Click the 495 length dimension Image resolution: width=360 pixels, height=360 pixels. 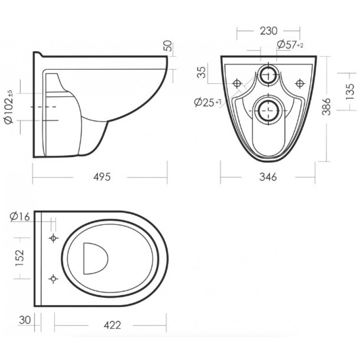click(102, 177)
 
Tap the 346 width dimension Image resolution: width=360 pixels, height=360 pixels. click(268, 177)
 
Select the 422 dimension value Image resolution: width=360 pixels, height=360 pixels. click(112, 325)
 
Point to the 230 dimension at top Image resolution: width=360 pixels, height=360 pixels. click(269, 31)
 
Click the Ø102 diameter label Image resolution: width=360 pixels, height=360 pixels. click(9, 108)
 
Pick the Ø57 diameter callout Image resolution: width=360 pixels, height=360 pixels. click(290, 44)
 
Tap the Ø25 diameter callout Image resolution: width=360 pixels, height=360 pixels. click(208, 102)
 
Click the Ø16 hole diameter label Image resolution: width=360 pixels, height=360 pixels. click(20, 216)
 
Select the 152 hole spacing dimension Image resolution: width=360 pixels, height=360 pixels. click(19, 258)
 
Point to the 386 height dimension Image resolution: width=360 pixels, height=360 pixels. click(326, 107)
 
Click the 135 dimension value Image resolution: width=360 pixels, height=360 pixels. click(350, 92)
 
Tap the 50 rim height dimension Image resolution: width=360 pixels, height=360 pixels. click(168, 46)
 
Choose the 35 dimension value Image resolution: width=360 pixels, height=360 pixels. click(202, 72)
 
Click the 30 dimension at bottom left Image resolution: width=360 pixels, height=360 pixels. click(25, 320)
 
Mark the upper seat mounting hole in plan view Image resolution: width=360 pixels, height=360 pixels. click(53, 238)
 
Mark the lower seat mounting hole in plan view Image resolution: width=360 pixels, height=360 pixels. click(53, 279)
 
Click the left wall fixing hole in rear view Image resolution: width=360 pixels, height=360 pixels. click(237, 83)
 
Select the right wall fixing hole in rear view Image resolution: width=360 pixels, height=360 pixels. click(300, 83)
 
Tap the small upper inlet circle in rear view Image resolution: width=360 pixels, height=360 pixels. click(268, 75)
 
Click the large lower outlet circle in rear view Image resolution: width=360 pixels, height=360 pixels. click(268, 110)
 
